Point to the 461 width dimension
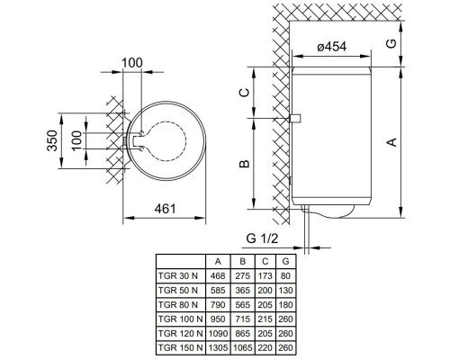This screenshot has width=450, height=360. (163, 209)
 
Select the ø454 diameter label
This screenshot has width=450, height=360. (334, 49)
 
